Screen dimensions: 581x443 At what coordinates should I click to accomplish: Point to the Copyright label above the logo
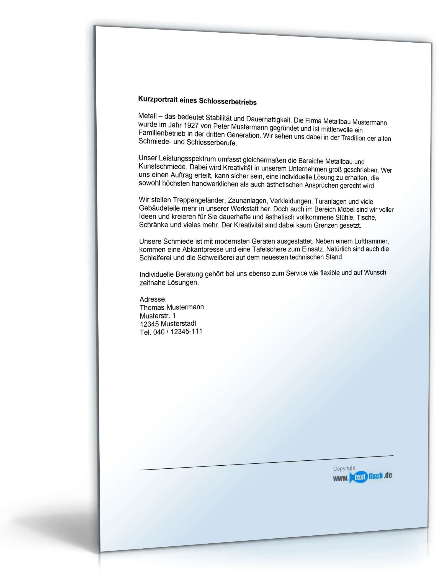345,468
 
